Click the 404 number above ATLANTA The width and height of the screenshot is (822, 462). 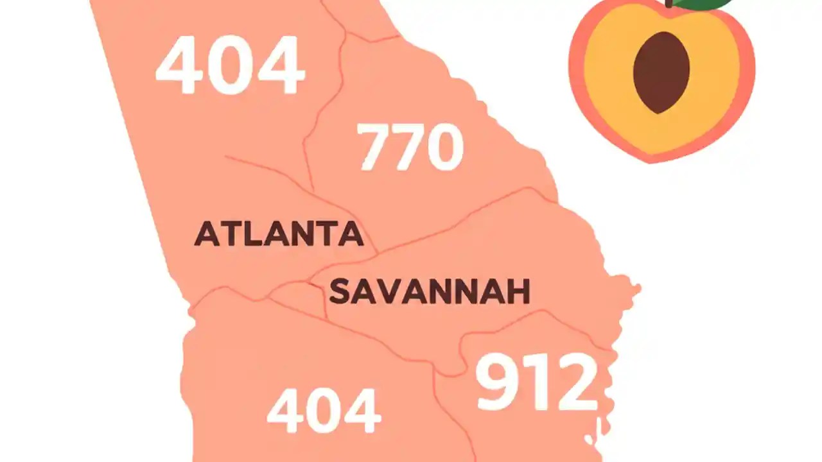tap(230, 65)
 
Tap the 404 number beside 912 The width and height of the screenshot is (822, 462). tap(324, 411)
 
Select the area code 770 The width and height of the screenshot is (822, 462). tap(410, 148)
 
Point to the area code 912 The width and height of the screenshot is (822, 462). tap(536, 383)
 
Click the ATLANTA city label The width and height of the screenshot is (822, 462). tap(279, 234)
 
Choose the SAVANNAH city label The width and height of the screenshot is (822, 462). tap(429, 292)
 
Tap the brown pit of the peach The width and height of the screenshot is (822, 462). tap(661, 73)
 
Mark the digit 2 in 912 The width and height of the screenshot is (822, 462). tap(575, 383)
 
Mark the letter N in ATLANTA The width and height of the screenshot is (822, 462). tap(305, 234)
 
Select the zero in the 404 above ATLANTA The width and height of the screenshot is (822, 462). tap(230, 65)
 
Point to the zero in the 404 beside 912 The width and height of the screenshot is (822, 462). tap(324, 411)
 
